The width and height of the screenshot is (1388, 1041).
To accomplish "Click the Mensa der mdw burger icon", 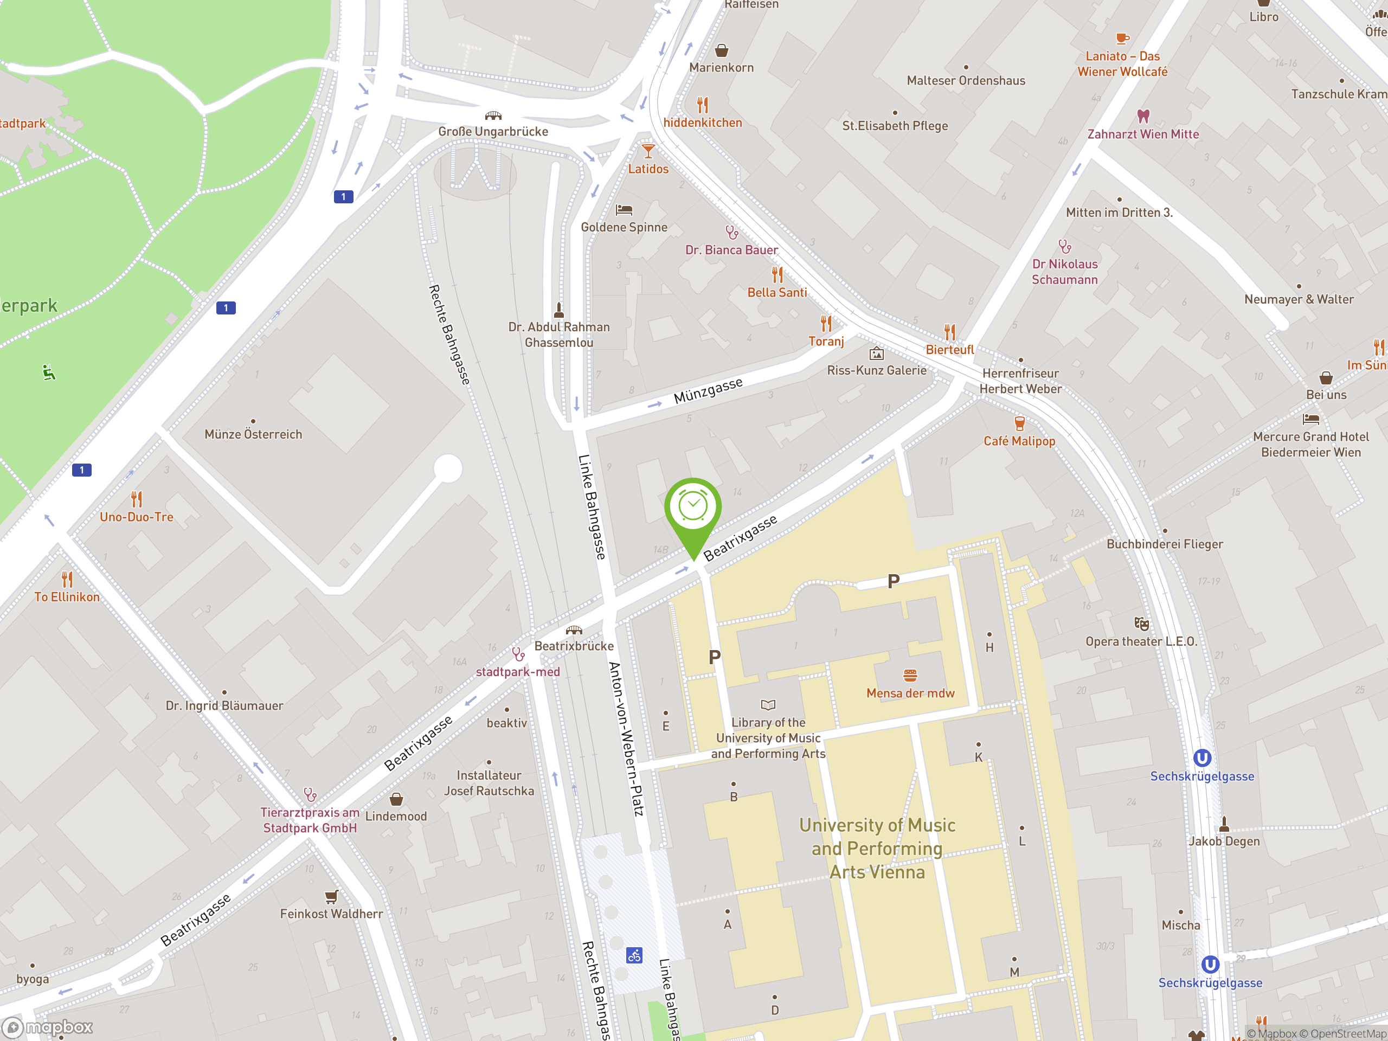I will (x=910, y=675).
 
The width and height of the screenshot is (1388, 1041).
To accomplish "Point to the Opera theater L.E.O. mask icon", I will (x=1141, y=624).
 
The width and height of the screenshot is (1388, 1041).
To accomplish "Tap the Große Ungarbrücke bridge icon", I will (x=493, y=115).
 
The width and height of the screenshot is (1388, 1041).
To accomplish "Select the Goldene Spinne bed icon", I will (x=624, y=210).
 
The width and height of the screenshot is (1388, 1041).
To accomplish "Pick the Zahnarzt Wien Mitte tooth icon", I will (x=1143, y=116).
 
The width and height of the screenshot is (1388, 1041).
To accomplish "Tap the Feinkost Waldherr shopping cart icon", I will (x=331, y=896).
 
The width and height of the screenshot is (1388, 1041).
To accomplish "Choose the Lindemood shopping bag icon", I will (x=396, y=799).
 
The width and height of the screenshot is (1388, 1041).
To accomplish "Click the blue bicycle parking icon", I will (x=634, y=956).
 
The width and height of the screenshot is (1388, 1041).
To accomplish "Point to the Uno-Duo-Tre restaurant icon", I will (x=137, y=499).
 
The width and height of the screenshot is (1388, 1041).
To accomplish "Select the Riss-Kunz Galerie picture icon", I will (x=877, y=354).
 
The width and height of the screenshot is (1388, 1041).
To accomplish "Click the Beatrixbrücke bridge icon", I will (x=574, y=630).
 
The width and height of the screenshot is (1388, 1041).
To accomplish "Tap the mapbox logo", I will (x=48, y=1027).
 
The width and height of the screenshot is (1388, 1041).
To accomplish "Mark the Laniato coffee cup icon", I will (x=1122, y=39).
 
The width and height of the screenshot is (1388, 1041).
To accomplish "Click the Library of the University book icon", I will (x=768, y=705).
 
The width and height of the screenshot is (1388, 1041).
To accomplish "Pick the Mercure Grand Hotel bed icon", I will (x=1311, y=419).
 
